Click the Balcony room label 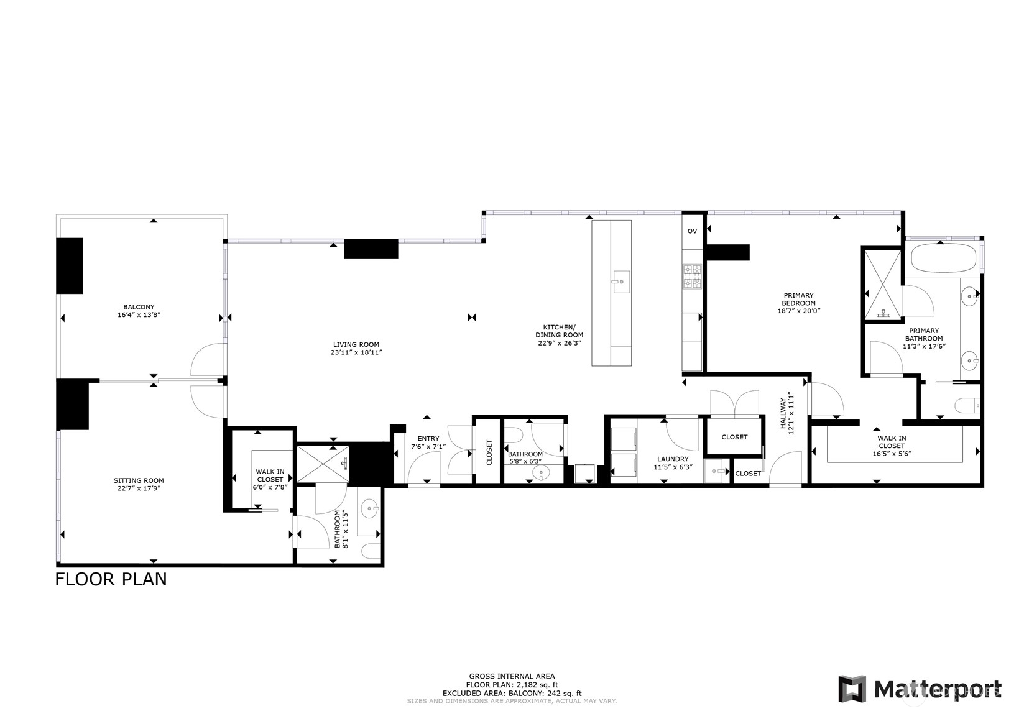pyautogui.click(x=139, y=307)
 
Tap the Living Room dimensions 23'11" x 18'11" pyautogui.click(x=356, y=352)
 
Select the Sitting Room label pyautogui.click(x=139, y=480)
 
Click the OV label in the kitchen pyautogui.click(x=692, y=231)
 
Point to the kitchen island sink pyautogui.click(x=620, y=281)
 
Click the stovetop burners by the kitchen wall pyautogui.click(x=692, y=277)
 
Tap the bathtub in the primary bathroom pyautogui.click(x=943, y=258)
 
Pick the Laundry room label pyautogui.click(x=672, y=459)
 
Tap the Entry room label pyautogui.click(x=428, y=439)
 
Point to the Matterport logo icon pyautogui.click(x=852, y=689)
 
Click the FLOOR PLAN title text pyautogui.click(x=111, y=579)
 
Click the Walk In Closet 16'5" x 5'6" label pyautogui.click(x=892, y=442)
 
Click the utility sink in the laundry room pyautogui.click(x=716, y=472)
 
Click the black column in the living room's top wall pyautogui.click(x=371, y=249)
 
